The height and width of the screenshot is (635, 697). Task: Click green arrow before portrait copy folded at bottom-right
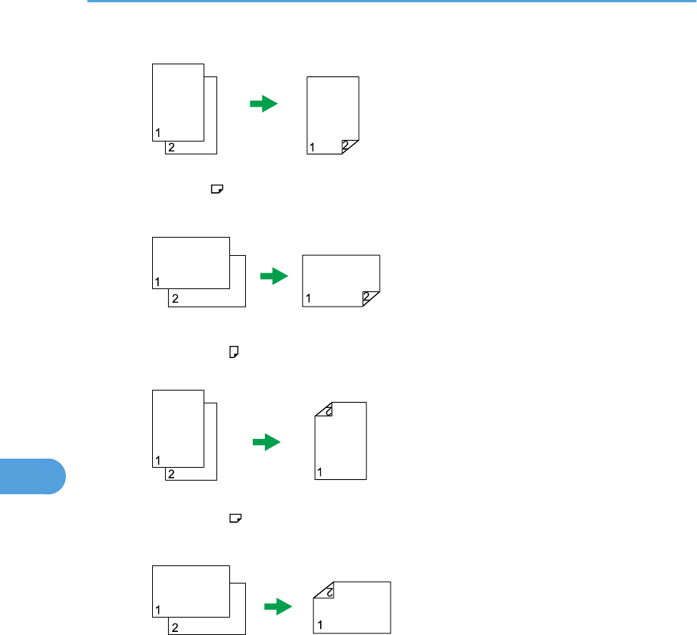[x=264, y=104]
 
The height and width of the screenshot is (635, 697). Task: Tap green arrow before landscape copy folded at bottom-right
[x=275, y=278]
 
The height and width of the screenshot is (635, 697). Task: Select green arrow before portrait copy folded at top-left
[x=266, y=443]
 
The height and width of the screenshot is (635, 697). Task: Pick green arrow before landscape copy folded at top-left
[x=278, y=606]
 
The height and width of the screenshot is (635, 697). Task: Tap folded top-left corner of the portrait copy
[x=325, y=411]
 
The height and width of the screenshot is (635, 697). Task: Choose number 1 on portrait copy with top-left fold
[x=320, y=473]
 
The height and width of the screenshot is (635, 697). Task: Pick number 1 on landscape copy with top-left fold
[x=320, y=625]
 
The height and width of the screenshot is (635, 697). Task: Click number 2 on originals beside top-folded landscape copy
[x=175, y=627]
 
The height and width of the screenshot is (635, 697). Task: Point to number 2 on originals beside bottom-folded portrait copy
[x=172, y=148]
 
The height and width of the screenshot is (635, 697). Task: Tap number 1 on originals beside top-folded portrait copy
[x=158, y=459]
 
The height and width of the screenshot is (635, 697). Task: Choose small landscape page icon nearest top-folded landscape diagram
[x=235, y=518]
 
